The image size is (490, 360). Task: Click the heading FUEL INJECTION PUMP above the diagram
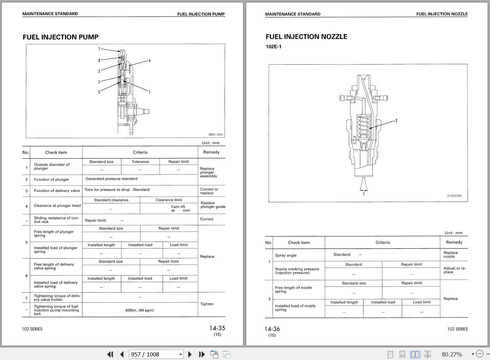60,37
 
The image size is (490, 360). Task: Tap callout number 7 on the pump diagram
99,49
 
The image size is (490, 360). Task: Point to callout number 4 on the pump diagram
150,61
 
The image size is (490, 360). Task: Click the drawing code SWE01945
216,134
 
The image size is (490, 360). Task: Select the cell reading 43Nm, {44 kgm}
140,310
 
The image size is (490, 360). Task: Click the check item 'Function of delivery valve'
57,190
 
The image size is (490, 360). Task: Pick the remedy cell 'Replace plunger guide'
212,205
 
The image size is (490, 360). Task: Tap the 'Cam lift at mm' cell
180,208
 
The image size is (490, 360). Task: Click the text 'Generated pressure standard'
111,178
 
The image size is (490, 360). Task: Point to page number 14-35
217,328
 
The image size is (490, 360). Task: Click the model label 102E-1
273,46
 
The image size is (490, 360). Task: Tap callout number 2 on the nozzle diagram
396,121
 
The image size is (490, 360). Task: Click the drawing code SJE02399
454,195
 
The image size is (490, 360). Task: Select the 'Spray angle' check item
286,255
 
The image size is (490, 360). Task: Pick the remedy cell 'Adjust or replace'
454,270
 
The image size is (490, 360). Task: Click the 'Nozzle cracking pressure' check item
297,269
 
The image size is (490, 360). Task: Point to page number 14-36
272,329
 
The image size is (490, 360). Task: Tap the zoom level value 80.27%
452,354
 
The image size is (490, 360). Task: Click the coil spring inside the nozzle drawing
363,127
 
